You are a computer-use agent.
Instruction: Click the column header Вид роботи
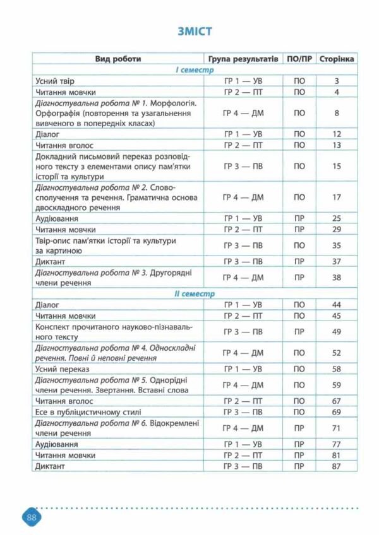click(x=118, y=59)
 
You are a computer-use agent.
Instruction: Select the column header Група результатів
click(x=243, y=59)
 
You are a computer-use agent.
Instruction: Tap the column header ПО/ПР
click(x=299, y=59)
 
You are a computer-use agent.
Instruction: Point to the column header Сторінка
click(x=337, y=59)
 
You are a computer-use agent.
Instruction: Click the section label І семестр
click(x=195, y=70)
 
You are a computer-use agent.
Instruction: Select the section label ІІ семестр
click(x=195, y=294)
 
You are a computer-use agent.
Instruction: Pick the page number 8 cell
click(x=337, y=113)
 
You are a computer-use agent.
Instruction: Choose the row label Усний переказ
click(x=63, y=368)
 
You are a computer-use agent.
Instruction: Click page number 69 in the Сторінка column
click(x=337, y=411)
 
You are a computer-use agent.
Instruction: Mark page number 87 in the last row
click(x=337, y=466)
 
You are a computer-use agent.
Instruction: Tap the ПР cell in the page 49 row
click(x=299, y=332)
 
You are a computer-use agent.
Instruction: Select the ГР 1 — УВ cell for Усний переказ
click(x=243, y=368)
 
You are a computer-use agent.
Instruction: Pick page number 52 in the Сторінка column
click(x=337, y=353)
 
